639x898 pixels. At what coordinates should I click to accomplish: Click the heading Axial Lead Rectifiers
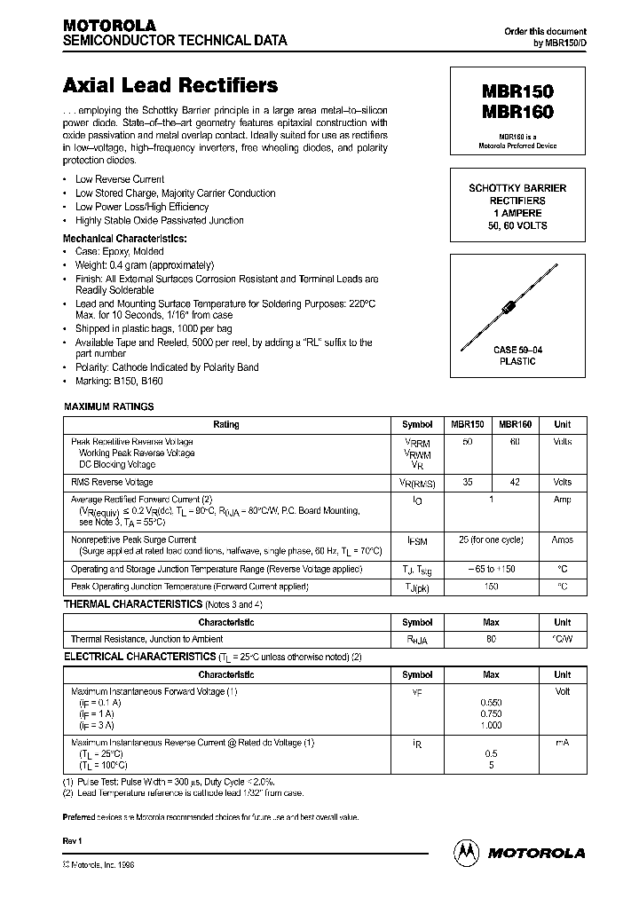170,86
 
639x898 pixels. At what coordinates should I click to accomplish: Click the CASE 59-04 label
517,351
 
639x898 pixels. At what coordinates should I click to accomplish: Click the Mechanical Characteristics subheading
125,239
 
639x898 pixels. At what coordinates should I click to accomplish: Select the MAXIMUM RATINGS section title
109,406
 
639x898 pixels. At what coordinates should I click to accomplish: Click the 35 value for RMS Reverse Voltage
468,482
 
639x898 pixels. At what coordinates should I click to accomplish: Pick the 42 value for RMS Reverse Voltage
515,482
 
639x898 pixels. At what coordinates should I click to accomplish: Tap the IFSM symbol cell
417,540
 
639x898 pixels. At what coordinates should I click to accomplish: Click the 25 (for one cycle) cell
490,540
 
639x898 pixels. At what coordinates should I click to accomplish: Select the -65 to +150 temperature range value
491,568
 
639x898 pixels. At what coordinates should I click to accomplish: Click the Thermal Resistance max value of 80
491,639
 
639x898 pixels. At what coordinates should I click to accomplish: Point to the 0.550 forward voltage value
491,702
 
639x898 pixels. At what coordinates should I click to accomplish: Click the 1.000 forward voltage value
491,725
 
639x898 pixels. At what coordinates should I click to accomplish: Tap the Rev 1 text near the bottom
72,839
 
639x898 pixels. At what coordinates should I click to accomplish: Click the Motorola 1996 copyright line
99,863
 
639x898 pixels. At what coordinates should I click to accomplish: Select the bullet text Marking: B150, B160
119,381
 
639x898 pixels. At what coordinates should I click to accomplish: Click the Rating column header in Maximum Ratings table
226,425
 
